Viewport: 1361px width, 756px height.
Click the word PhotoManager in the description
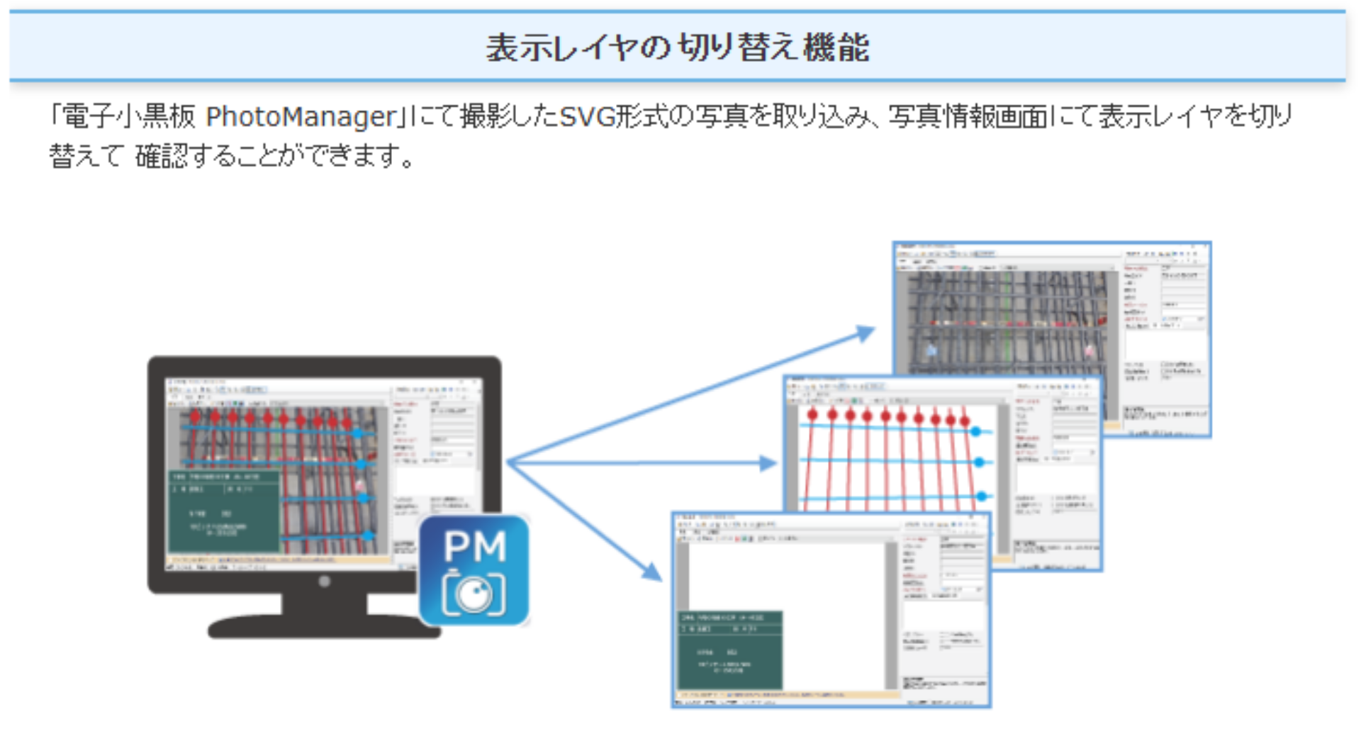click(301, 117)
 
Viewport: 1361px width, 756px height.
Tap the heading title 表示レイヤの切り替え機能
click(677, 48)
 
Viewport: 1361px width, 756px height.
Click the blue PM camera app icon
click(474, 570)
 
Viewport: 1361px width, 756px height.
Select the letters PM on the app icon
click(474, 546)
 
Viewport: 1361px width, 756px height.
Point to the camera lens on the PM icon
click(474, 594)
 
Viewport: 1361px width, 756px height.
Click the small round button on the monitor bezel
click(324, 582)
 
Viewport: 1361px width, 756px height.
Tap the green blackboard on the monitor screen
click(224, 511)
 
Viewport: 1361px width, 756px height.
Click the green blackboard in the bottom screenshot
click(730, 650)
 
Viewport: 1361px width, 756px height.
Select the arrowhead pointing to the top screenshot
click(866, 333)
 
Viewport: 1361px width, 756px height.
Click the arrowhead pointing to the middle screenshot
click(768, 463)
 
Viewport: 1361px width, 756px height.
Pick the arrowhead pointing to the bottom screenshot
click(651, 571)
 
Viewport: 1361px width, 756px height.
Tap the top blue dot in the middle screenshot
click(976, 430)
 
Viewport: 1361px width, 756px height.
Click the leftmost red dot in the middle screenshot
click(812, 414)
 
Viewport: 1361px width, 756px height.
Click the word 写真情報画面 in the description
click(968, 117)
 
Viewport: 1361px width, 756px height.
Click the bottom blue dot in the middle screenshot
click(982, 496)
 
